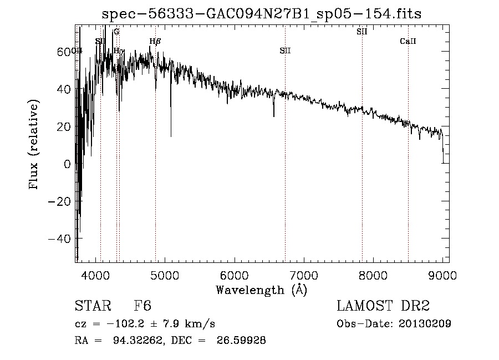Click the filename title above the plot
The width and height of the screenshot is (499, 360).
[262, 14]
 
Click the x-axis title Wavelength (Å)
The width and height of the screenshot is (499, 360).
[261, 290]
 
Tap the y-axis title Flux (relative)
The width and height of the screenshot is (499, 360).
[34, 145]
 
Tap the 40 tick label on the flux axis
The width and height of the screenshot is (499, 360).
[65, 89]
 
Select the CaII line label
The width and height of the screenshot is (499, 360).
[408, 42]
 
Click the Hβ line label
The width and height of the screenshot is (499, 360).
[155, 41]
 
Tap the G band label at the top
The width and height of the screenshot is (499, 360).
[116, 32]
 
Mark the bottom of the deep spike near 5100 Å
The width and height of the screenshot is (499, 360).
[171, 135]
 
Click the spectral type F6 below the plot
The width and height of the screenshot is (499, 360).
[142, 307]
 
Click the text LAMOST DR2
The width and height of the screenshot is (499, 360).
[383, 307]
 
